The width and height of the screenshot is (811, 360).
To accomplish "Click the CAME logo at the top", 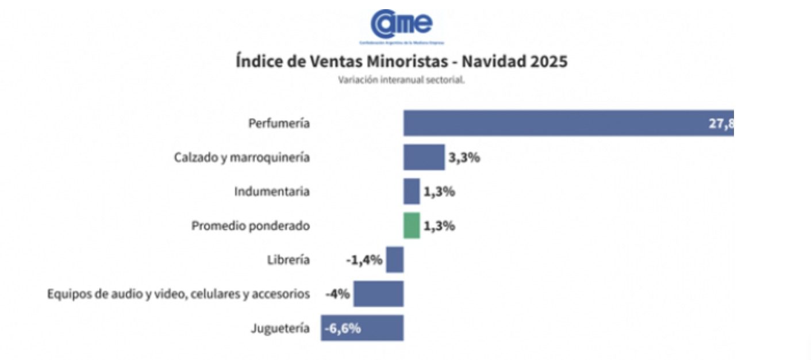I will tap(402, 24).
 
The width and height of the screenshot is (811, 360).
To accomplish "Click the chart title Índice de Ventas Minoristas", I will tap(401, 61).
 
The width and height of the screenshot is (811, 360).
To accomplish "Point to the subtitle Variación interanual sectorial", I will tap(401, 80).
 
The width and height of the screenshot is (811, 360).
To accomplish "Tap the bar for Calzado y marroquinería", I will tap(424, 157).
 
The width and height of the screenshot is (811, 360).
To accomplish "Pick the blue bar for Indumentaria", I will tap(412, 192).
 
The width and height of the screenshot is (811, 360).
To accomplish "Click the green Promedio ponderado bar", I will tap(412, 225).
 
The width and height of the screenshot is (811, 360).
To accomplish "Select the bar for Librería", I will tap(395, 259).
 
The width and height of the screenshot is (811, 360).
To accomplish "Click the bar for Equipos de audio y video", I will tap(378, 294).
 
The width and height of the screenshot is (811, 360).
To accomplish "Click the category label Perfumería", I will tap(279, 123).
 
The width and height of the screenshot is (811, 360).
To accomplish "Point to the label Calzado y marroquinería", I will tap(241, 157).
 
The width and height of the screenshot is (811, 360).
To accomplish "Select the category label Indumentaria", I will tap(271, 192).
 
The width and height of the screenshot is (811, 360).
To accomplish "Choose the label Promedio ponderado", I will tap(250, 226).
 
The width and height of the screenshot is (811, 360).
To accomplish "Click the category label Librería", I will tap(288, 260).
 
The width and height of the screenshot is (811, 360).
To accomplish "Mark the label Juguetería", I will tap(280, 328).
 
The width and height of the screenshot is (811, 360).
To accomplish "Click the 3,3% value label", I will tap(464, 157).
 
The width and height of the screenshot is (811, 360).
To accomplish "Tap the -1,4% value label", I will tap(364, 260).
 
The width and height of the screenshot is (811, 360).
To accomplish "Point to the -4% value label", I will tap(337, 294).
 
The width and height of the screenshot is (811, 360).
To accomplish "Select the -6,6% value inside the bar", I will tap(343, 328).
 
